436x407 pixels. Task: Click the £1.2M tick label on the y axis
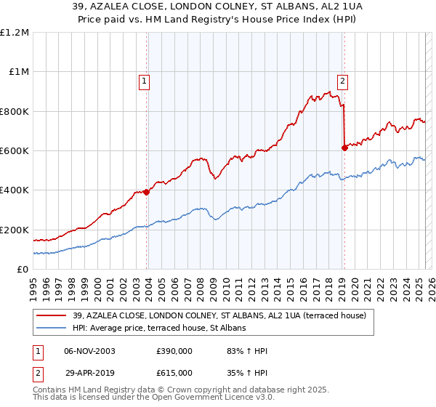(16, 33)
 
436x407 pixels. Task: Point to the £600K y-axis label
(15, 151)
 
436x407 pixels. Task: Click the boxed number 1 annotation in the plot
(145, 81)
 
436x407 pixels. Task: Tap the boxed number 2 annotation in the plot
(342, 81)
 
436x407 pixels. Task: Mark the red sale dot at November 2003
(146, 192)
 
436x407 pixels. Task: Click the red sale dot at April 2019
(344, 148)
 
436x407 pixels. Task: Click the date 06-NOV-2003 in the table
(89, 352)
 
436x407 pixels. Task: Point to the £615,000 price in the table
(174, 373)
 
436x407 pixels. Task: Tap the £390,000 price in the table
(174, 352)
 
